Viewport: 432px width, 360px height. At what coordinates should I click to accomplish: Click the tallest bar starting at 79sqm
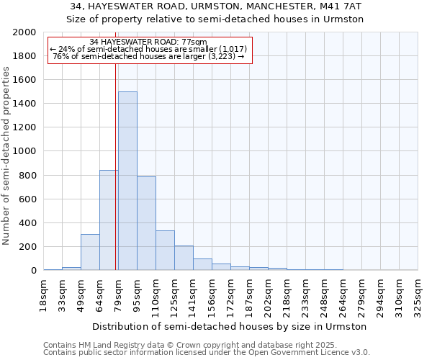[127, 181]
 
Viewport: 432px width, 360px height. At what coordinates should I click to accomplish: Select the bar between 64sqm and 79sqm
[109, 220]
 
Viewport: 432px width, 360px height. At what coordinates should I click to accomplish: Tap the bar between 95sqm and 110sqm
[146, 223]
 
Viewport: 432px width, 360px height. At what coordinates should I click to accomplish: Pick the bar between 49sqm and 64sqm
[90, 252]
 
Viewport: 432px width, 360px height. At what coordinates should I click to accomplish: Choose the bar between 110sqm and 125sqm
[165, 251]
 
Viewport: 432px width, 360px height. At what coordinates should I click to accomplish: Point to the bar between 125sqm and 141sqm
[184, 258]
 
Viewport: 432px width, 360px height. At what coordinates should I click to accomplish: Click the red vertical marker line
[115, 166]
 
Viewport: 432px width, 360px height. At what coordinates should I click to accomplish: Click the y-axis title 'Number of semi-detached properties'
[6, 156]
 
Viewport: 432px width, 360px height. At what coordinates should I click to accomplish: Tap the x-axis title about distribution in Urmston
[230, 326]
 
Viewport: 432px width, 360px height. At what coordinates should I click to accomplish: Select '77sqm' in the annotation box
[194, 42]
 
